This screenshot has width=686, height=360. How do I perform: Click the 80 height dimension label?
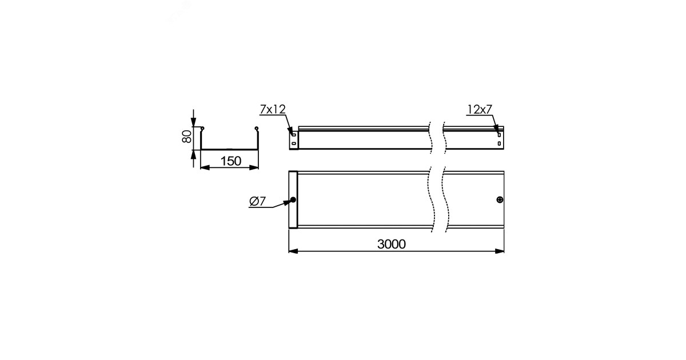click(x=186, y=136)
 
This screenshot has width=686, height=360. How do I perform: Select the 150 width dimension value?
click(x=231, y=161)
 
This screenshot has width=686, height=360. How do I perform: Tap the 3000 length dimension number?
click(x=392, y=244)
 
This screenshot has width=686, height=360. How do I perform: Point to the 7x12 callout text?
click(x=273, y=109)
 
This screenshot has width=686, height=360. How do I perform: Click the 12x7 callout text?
click(x=480, y=109)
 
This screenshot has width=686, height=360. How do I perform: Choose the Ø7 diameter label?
click(x=258, y=201)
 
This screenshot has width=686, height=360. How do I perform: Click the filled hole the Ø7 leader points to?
click(x=293, y=199)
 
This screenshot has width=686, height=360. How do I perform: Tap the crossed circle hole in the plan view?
click(x=500, y=199)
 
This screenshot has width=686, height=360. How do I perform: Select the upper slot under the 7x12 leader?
click(x=294, y=135)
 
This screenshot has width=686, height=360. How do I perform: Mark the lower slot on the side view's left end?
click(x=294, y=143)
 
